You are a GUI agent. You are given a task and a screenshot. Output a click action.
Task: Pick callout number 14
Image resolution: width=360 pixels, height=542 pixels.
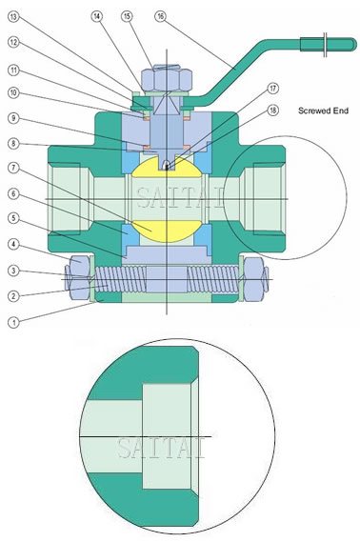pyautogui.click(x=99, y=17)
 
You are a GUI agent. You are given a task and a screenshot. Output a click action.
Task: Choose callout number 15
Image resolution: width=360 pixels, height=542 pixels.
pyautogui.click(x=128, y=17)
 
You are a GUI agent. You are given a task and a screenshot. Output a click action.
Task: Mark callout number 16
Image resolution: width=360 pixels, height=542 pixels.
pyautogui.click(x=159, y=17)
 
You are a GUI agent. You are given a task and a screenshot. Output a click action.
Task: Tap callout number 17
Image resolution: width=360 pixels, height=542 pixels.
pyautogui.click(x=272, y=89)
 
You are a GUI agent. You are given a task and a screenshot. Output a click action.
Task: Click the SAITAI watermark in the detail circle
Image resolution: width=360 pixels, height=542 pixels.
pyautogui.click(x=159, y=448)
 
